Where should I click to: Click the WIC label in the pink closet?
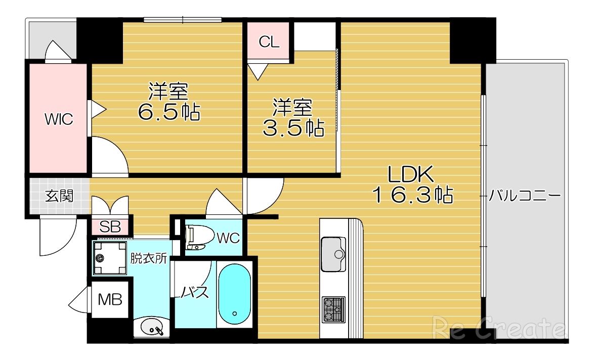(x=59, y=120)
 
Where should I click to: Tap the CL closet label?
(x=269, y=42)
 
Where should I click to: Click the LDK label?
(x=411, y=175)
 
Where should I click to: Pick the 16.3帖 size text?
(x=412, y=195)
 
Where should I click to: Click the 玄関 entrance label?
(x=60, y=196)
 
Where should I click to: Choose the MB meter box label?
(x=110, y=300)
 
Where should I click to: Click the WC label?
(x=228, y=238)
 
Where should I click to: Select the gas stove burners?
(x=333, y=309)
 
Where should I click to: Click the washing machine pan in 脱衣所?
(x=110, y=258)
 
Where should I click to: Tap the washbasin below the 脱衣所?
(x=152, y=328)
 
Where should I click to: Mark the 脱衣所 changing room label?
(x=149, y=258)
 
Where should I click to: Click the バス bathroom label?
(x=195, y=292)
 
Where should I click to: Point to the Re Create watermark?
(x=498, y=329)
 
